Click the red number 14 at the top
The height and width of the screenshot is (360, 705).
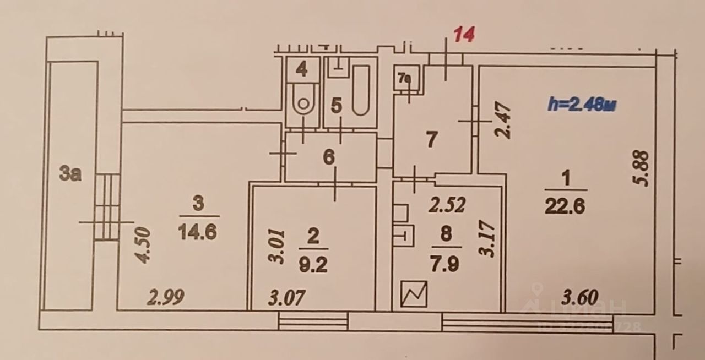pos(463,35)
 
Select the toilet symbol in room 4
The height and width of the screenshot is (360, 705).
pos(301,101)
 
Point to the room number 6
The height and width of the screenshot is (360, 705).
pos(328,158)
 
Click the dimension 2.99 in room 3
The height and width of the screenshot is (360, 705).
pos(165,298)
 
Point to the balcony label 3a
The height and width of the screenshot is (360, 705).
pos(71,174)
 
